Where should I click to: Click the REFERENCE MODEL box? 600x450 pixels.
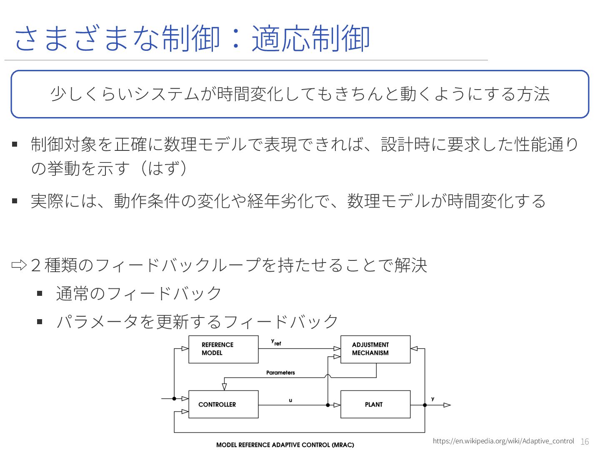tap(223, 349)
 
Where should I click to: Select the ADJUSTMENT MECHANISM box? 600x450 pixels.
tap(375, 349)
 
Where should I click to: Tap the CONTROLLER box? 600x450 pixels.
tap(223, 404)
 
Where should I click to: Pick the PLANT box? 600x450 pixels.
tap(375, 404)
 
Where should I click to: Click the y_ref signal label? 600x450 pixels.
tap(276, 342)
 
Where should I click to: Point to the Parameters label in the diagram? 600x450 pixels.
tap(280, 372)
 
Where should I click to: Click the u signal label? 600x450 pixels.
tap(290, 400)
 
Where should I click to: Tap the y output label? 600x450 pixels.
tap(432, 399)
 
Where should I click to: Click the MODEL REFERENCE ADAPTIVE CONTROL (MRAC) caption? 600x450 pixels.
tap(285, 445)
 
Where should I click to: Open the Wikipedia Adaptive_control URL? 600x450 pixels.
tap(503, 441)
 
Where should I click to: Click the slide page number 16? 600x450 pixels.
tap(585, 442)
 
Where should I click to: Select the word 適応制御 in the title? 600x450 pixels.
tap(311, 39)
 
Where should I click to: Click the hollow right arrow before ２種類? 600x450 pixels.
tap(19, 265)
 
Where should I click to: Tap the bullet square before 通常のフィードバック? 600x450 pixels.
tap(40, 293)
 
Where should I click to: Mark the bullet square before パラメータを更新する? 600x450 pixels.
tap(40, 321)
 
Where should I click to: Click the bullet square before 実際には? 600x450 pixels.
tap(15, 201)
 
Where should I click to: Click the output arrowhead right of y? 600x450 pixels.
tap(447, 405)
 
